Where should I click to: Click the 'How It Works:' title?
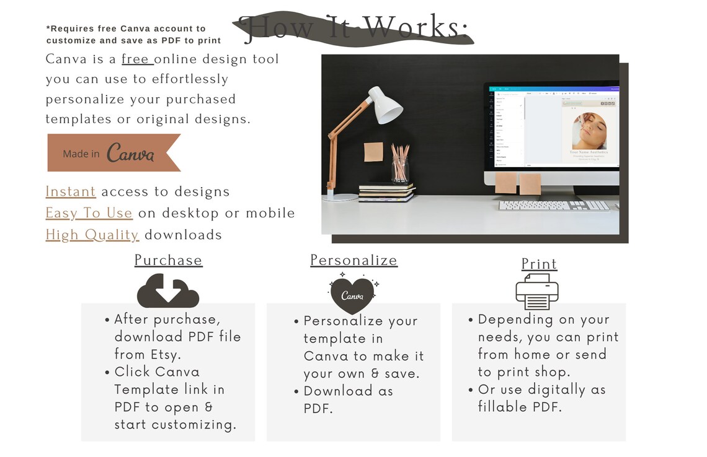click(x=353, y=28)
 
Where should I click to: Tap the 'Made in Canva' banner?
click(x=113, y=152)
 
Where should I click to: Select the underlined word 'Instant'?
click(x=71, y=192)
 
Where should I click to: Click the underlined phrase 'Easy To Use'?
click(x=89, y=213)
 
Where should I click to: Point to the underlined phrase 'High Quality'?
click(x=92, y=235)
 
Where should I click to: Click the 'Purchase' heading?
click(x=168, y=260)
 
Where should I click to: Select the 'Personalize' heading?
click(x=353, y=260)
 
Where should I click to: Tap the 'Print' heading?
click(x=539, y=264)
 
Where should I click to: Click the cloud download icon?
click(x=167, y=290)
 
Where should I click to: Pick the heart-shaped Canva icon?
click(x=352, y=294)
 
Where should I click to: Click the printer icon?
click(x=537, y=292)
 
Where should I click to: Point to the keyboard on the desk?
click(x=553, y=206)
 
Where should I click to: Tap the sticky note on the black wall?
click(x=373, y=152)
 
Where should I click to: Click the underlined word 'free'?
click(x=136, y=59)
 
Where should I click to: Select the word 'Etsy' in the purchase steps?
click(x=164, y=355)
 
